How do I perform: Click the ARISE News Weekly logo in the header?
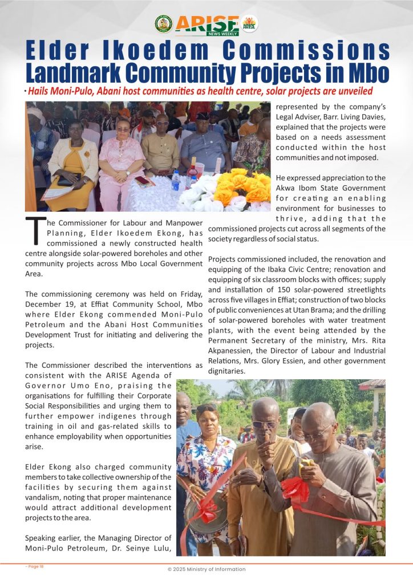pyautogui.click(x=206, y=23)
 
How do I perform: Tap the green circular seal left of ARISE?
pyautogui.click(x=164, y=23)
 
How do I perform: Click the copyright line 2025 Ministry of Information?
pyautogui.click(x=206, y=569)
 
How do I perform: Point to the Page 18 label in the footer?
pyautogui.click(x=34, y=566)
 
